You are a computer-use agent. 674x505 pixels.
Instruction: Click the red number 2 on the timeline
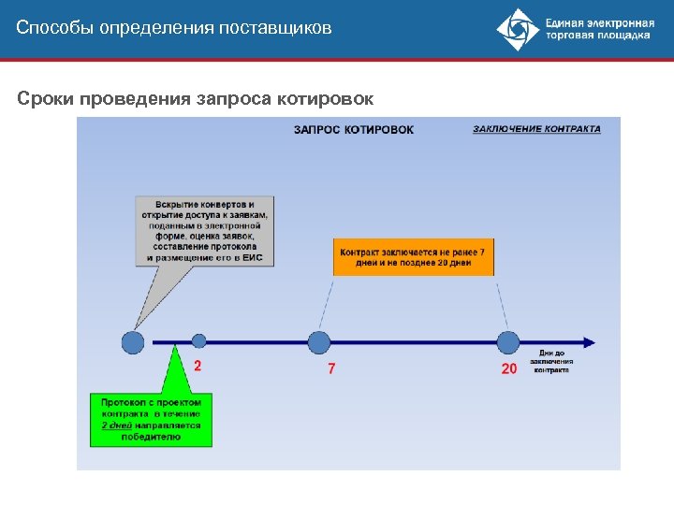coord(198,366)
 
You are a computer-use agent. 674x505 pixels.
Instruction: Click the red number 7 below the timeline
coord(331,368)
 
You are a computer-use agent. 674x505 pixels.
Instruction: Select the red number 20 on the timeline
coord(508,368)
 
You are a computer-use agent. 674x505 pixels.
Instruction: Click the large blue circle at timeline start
coord(133,342)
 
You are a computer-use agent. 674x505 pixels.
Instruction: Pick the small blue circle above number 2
coord(198,342)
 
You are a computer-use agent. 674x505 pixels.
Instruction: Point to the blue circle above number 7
coord(319,342)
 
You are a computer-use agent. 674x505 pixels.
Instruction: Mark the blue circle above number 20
coord(508,342)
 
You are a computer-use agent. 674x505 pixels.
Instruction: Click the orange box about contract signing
coord(414,257)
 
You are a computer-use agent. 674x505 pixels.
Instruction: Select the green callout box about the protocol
coord(151,419)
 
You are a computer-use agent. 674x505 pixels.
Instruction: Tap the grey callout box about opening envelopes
coord(204,231)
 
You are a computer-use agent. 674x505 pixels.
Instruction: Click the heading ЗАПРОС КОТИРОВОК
coord(353,129)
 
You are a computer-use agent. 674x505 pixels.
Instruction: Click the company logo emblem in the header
coord(518,29)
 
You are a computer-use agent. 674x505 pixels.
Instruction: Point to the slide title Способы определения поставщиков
coord(174,28)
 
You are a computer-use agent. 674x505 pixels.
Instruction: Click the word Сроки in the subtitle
coord(45,98)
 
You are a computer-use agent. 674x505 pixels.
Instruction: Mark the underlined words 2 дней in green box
coord(117,425)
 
